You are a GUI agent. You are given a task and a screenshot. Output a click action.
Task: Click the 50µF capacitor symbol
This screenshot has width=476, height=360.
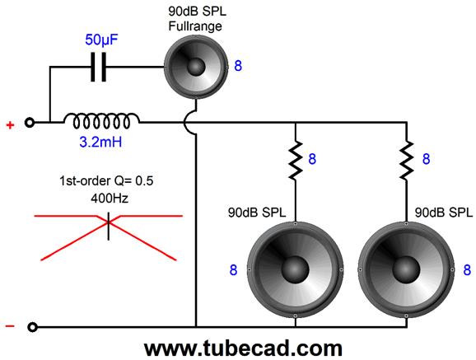point(99,67)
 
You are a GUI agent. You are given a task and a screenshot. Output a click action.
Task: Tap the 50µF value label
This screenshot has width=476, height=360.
point(101,40)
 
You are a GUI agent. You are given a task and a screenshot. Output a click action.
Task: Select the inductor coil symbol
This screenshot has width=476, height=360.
point(101,120)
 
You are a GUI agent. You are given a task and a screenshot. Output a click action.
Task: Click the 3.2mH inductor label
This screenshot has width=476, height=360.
point(100,142)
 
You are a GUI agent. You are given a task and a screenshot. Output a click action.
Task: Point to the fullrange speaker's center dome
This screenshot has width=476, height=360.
point(196,67)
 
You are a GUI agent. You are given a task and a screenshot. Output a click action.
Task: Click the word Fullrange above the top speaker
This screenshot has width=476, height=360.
point(195,26)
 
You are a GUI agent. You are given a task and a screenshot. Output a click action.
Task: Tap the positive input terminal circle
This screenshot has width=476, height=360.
point(30,123)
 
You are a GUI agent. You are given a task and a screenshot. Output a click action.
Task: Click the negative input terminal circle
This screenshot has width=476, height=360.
point(32,327)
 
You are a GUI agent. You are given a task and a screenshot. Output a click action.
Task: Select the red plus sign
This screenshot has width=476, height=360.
point(11,125)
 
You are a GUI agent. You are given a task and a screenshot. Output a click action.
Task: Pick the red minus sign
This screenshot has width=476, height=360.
point(10,326)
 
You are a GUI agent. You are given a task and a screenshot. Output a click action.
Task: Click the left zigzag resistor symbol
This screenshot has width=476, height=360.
point(295,161)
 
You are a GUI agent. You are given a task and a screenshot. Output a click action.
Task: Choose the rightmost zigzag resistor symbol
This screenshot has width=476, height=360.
point(407,161)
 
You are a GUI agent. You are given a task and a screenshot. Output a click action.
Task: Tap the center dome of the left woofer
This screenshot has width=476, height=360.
point(295,269)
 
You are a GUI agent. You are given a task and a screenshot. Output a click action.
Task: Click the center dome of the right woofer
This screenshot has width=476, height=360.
point(406,269)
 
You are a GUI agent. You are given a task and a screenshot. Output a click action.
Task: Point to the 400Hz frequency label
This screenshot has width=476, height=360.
point(110,199)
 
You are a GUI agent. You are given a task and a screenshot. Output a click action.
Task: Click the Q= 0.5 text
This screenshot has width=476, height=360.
point(133,181)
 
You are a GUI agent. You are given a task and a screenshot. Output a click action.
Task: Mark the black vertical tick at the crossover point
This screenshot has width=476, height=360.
point(109,227)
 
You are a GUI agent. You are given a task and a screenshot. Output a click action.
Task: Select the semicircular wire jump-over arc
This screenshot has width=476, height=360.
point(187,123)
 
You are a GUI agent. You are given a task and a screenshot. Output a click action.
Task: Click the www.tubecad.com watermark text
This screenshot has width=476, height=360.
point(243,348)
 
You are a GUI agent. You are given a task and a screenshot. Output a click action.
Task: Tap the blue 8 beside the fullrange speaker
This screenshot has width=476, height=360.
point(238,66)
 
